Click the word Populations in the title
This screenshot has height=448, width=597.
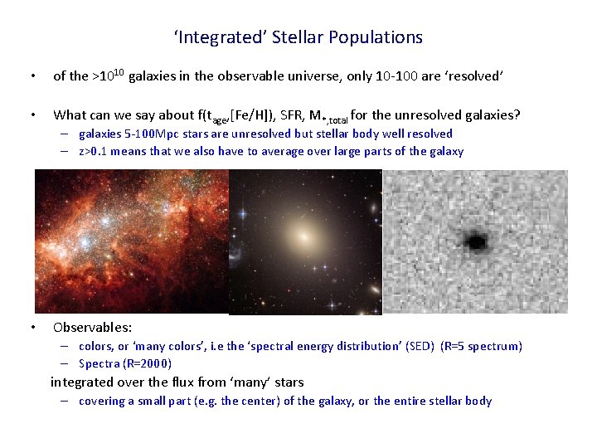coord(376,37)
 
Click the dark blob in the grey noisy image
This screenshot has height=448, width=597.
coord(475,241)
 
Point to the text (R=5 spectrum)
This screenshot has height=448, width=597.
coord(482,346)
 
